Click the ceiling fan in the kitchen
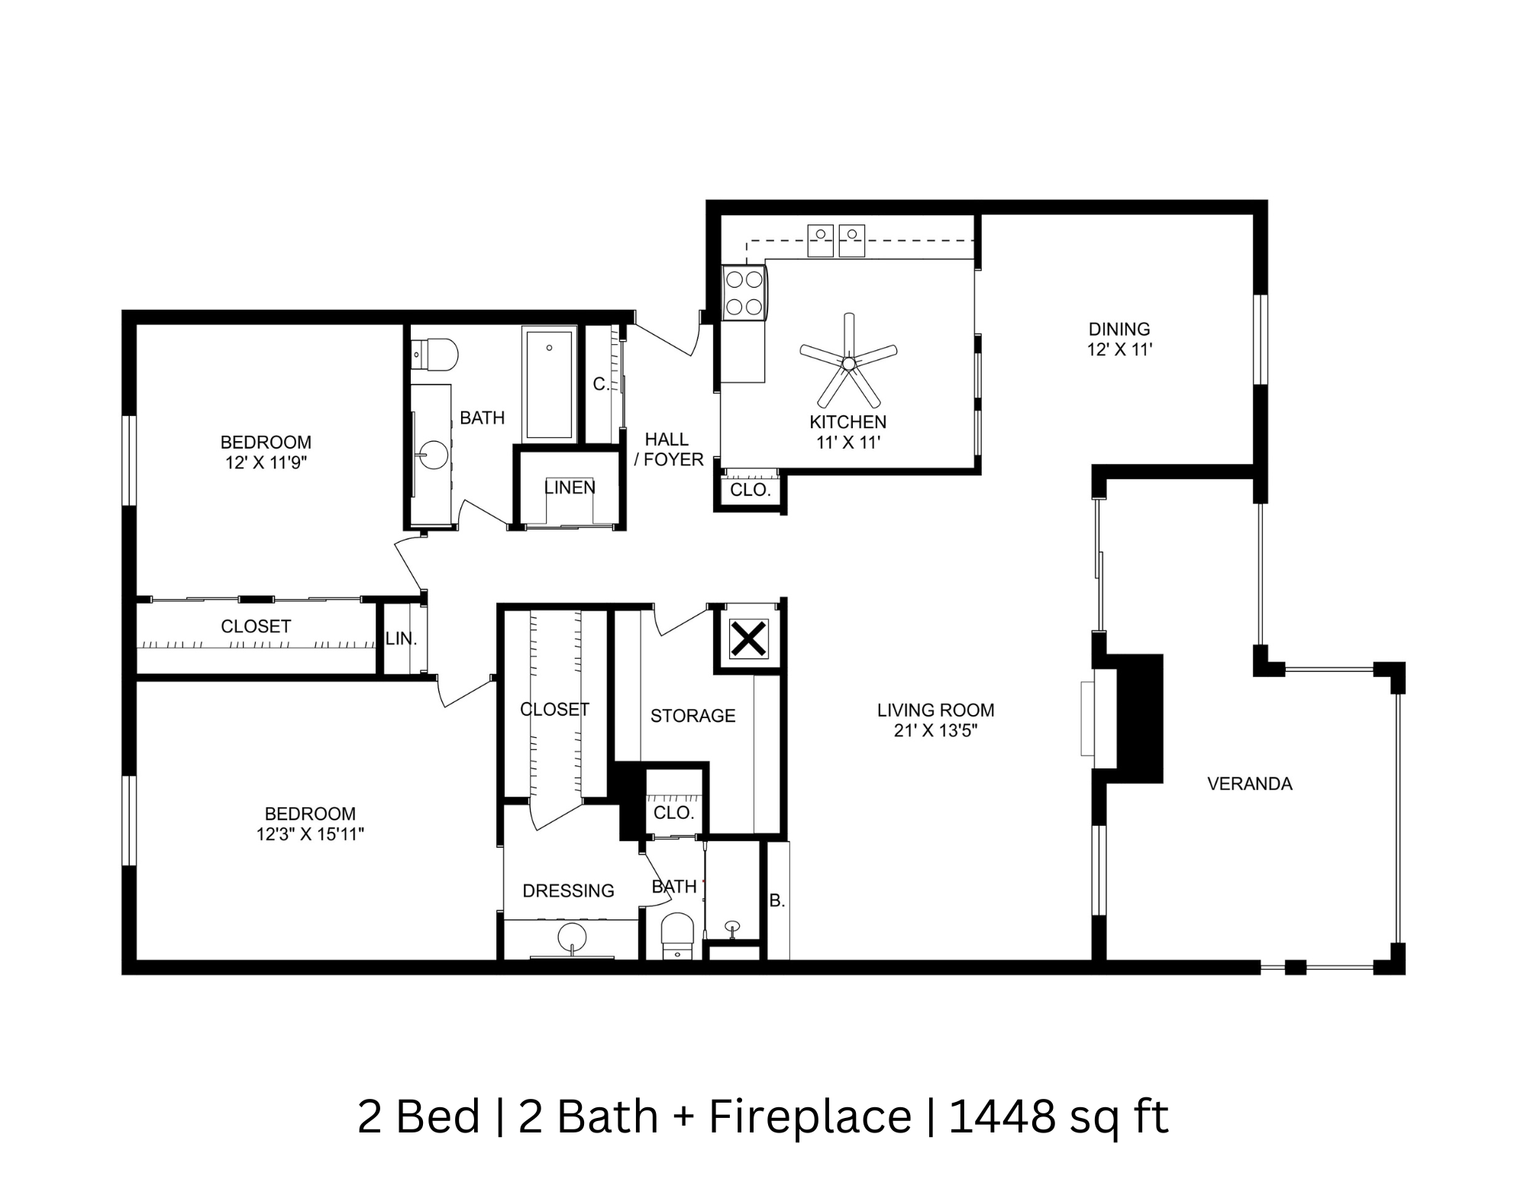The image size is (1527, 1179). tap(848, 363)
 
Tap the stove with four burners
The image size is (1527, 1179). tap(744, 292)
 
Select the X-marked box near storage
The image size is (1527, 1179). tap(748, 639)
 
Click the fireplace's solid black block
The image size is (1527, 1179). tap(1140, 718)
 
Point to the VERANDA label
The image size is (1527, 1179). tap(1249, 784)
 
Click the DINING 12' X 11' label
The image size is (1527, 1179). tap(1119, 340)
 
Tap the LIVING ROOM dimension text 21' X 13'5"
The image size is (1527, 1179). tap(935, 731)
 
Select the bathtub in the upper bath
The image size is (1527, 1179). tap(549, 385)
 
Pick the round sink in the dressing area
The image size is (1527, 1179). tap(572, 936)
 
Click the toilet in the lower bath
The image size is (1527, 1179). tap(676, 933)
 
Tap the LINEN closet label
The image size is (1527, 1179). tap(570, 487)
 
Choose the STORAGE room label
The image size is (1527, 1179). tap(692, 716)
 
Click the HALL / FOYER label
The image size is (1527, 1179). tap(668, 449)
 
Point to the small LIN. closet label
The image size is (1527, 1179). tap(401, 639)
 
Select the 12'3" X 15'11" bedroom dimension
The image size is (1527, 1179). tap(310, 835)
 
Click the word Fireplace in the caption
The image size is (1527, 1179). tap(810, 1116)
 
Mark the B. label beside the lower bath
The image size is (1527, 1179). tap(777, 901)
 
